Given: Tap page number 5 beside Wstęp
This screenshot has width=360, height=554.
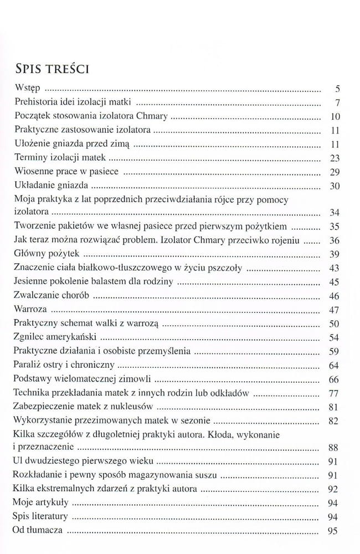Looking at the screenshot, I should tap(337, 89).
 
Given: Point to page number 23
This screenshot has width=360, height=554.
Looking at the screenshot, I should tap(334, 158).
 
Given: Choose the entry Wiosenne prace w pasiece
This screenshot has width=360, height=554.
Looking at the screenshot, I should tap(65, 171).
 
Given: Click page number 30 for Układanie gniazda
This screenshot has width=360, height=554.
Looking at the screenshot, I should tap(334, 186).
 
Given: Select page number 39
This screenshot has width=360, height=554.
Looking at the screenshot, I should tap(334, 254).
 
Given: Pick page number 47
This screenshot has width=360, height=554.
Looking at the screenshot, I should tap(334, 310).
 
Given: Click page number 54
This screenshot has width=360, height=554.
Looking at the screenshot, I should tap(334, 337).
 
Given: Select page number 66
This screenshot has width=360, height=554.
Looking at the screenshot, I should tap(334, 379).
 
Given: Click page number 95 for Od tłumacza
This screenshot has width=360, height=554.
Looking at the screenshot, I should tap(334, 531).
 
